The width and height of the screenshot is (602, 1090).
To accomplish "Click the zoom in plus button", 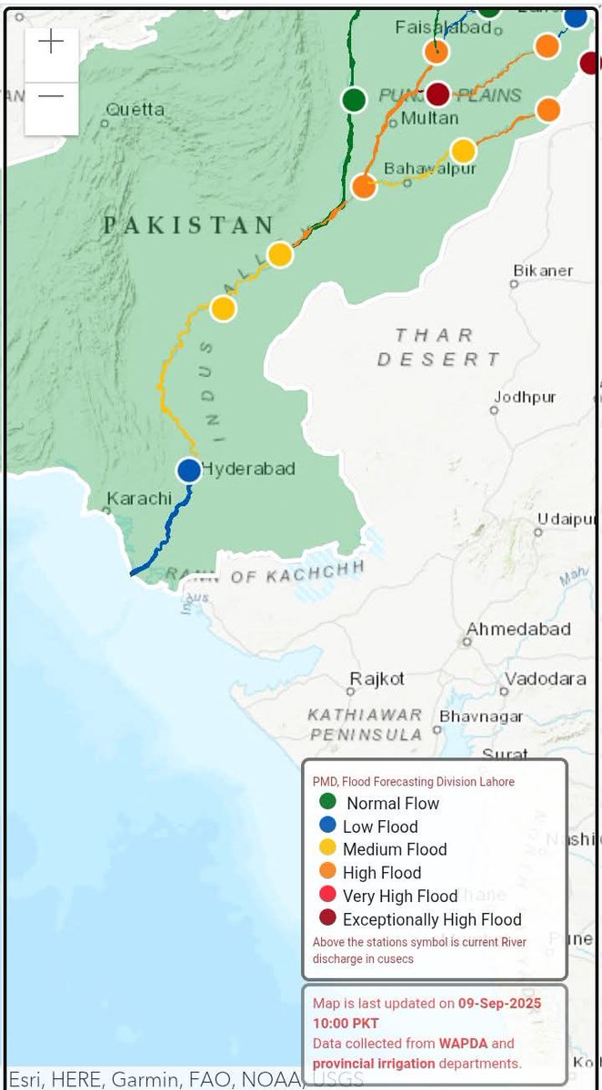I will (x=52, y=42).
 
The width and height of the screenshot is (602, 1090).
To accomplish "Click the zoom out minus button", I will (x=52, y=97).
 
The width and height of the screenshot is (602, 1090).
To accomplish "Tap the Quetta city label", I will (x=135, y=110).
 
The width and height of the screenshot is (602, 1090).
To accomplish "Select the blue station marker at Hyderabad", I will (x=188, y=470).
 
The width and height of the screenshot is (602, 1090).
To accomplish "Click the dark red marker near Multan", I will (x=438, y=94).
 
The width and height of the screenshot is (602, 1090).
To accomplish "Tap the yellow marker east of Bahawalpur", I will (x=464, y=150).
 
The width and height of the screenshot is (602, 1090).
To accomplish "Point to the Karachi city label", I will (x=139, y=499).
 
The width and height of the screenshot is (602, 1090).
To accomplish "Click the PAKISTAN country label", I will (x=188, y=225).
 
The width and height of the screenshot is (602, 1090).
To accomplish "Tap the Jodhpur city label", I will (x=525, y=397).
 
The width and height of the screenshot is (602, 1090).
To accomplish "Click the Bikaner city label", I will (x=543, y=271).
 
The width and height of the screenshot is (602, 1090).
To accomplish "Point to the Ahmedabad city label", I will (x=518, y=629).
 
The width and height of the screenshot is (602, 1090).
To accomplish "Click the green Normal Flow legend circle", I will (x=328, y=802).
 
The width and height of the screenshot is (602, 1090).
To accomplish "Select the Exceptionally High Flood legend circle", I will (x=328, y=918).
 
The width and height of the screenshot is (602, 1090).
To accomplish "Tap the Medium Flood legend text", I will (x=395, y=849).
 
